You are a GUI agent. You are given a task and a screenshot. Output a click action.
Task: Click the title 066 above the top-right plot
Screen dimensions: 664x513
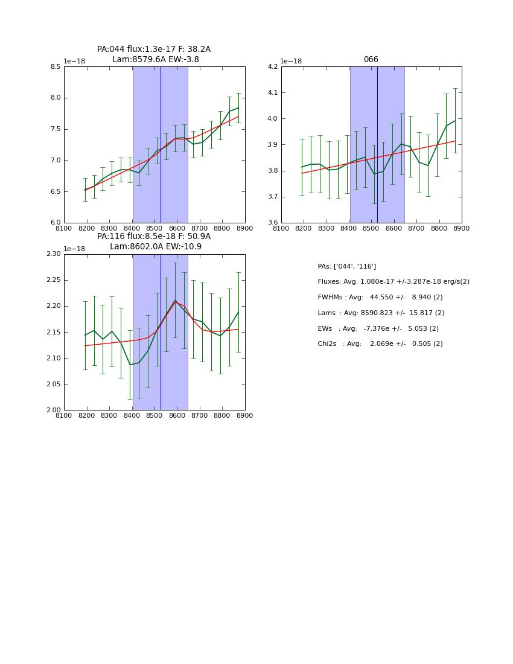[x=371, y=60]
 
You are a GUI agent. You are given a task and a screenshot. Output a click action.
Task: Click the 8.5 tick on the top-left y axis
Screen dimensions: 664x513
[x=56, y=67]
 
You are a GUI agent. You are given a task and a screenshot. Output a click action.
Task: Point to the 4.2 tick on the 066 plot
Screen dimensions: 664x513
[x=273, y=67]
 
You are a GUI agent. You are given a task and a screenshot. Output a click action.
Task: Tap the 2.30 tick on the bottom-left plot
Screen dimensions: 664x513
[x=53, y=254]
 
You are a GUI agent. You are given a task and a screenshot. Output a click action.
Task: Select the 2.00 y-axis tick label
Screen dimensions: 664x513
[x=53, y=410]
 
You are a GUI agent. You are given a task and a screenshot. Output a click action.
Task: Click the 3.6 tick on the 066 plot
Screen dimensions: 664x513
[x=273, y=223]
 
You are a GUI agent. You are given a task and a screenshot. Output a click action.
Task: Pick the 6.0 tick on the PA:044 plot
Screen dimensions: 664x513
[x=56, y=223]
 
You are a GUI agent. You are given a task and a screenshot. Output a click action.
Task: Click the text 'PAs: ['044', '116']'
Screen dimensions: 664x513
[x=346, y=266]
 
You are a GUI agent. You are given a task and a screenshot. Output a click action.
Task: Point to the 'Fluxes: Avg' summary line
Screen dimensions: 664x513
[x=393, y=282]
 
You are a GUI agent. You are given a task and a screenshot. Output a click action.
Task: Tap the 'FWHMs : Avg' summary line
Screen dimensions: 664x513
[x=380, y=298]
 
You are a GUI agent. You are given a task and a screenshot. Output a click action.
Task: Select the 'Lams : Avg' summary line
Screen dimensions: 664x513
[x=381, y=313]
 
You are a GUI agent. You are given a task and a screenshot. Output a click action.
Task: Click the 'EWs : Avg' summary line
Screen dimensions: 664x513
[x=378, y=329]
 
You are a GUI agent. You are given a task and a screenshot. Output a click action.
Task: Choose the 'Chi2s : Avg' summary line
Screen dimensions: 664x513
[x=380, y=344]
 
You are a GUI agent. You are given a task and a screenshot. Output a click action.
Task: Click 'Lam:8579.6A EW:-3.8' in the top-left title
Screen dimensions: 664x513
[x=155, y=60]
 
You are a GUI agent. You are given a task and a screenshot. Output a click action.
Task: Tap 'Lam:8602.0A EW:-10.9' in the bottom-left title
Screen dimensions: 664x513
[x=155, y=247]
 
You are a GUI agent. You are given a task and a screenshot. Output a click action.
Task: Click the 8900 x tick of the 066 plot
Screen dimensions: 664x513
[x=462, y=229]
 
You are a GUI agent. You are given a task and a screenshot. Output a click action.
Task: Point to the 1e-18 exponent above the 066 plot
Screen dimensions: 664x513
[x=292, y=62]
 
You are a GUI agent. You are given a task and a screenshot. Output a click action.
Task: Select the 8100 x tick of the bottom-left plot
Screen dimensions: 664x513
[x=64, y=416]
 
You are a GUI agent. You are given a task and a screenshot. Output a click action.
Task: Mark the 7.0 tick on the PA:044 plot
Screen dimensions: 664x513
[x=56, y=161]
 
